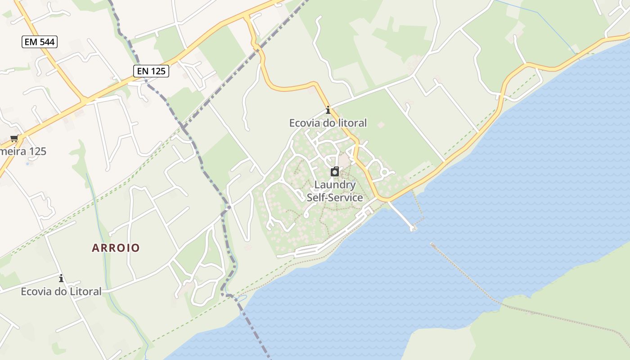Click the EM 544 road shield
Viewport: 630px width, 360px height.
click(x=40, y=42)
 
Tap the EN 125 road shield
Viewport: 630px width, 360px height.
click(x=151, y=71)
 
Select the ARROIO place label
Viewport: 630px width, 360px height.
click(x=116, y=247)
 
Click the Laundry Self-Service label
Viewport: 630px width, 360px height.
click(x=335, y=191)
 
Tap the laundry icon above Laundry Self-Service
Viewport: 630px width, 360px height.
click(x=335, y=172)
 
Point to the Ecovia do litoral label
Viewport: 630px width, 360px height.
click(x=328, y=122)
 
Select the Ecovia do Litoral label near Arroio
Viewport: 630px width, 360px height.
click(x=61, y=291)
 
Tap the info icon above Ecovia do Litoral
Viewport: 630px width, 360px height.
click(x=61, y=279)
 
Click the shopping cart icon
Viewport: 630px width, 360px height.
click(x=14, y=139)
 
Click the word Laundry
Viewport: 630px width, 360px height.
click(x=335, y=184)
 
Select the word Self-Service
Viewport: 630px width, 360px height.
click(x=335, y=197)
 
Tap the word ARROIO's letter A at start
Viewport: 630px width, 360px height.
click(x=95, y=247)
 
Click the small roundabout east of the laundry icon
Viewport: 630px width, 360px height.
click(x=384, y=172)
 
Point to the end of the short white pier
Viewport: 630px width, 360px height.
click(x=413, y=229)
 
